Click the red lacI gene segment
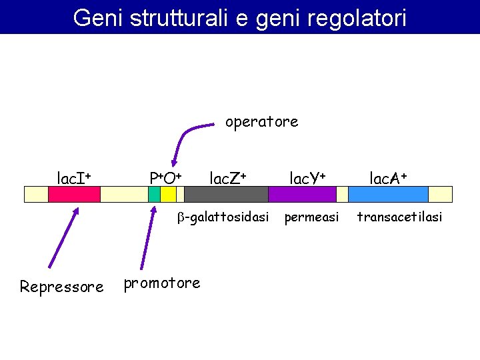(x=74, y=194)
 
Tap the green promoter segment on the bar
(x=154, y=194)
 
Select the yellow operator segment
(x=168, y=194)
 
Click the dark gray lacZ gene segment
(x=226, y=194)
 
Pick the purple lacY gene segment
(x=302, y=194)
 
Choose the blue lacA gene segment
(x=388, y=194)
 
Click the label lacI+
(x=74, y=178)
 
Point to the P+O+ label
(x=166, y=178)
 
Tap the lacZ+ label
(x=228, y=178)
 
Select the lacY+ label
(x=307, y=178)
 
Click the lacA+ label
(x=389, y=178)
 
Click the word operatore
(x=261, y=122)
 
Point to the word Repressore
(x=61, y=287)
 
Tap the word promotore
(x=162, y=283)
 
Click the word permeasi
(x=312, y=217)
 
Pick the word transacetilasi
(x=400, y=217)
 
